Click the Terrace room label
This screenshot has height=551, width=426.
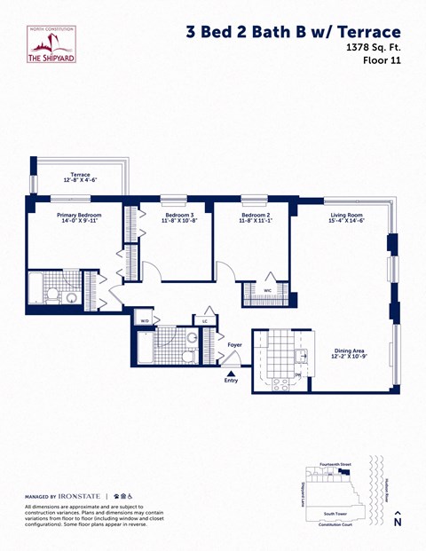80,177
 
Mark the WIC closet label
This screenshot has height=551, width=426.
267,290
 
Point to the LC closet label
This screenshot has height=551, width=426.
205,320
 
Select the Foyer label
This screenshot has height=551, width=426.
234,344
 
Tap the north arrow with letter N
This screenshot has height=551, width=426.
398,518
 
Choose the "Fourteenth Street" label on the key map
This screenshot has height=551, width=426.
335,464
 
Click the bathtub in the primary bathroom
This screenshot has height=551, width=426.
36,288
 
